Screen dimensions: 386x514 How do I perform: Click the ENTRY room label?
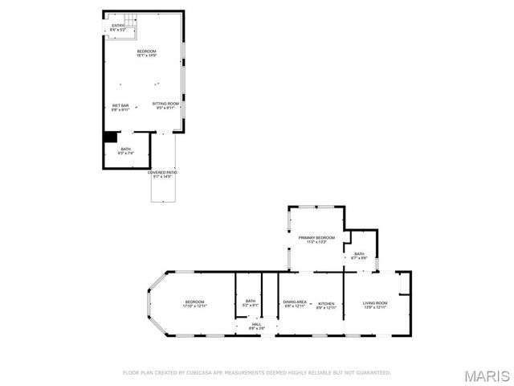[118, 28]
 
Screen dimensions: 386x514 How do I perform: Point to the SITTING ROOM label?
[166, 105]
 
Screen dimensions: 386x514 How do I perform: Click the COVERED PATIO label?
[162, 174]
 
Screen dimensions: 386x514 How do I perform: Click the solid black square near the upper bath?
[111, 138]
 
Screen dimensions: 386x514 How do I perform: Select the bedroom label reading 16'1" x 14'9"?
[146, 53]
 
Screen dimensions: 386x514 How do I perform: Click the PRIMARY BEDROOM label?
[316, 240]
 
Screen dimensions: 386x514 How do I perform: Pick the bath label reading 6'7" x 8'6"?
[359, 255]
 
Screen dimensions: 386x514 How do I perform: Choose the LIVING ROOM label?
[375, 304]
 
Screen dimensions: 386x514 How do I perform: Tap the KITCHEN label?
[324, 304]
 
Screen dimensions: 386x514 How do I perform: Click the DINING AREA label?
[294, 304]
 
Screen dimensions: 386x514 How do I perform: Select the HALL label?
[256, 326]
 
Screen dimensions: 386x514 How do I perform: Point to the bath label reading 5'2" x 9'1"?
[251, 303]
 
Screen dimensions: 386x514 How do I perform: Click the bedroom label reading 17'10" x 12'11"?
[194, 304]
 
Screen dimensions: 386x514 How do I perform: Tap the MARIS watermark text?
[487, 376]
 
